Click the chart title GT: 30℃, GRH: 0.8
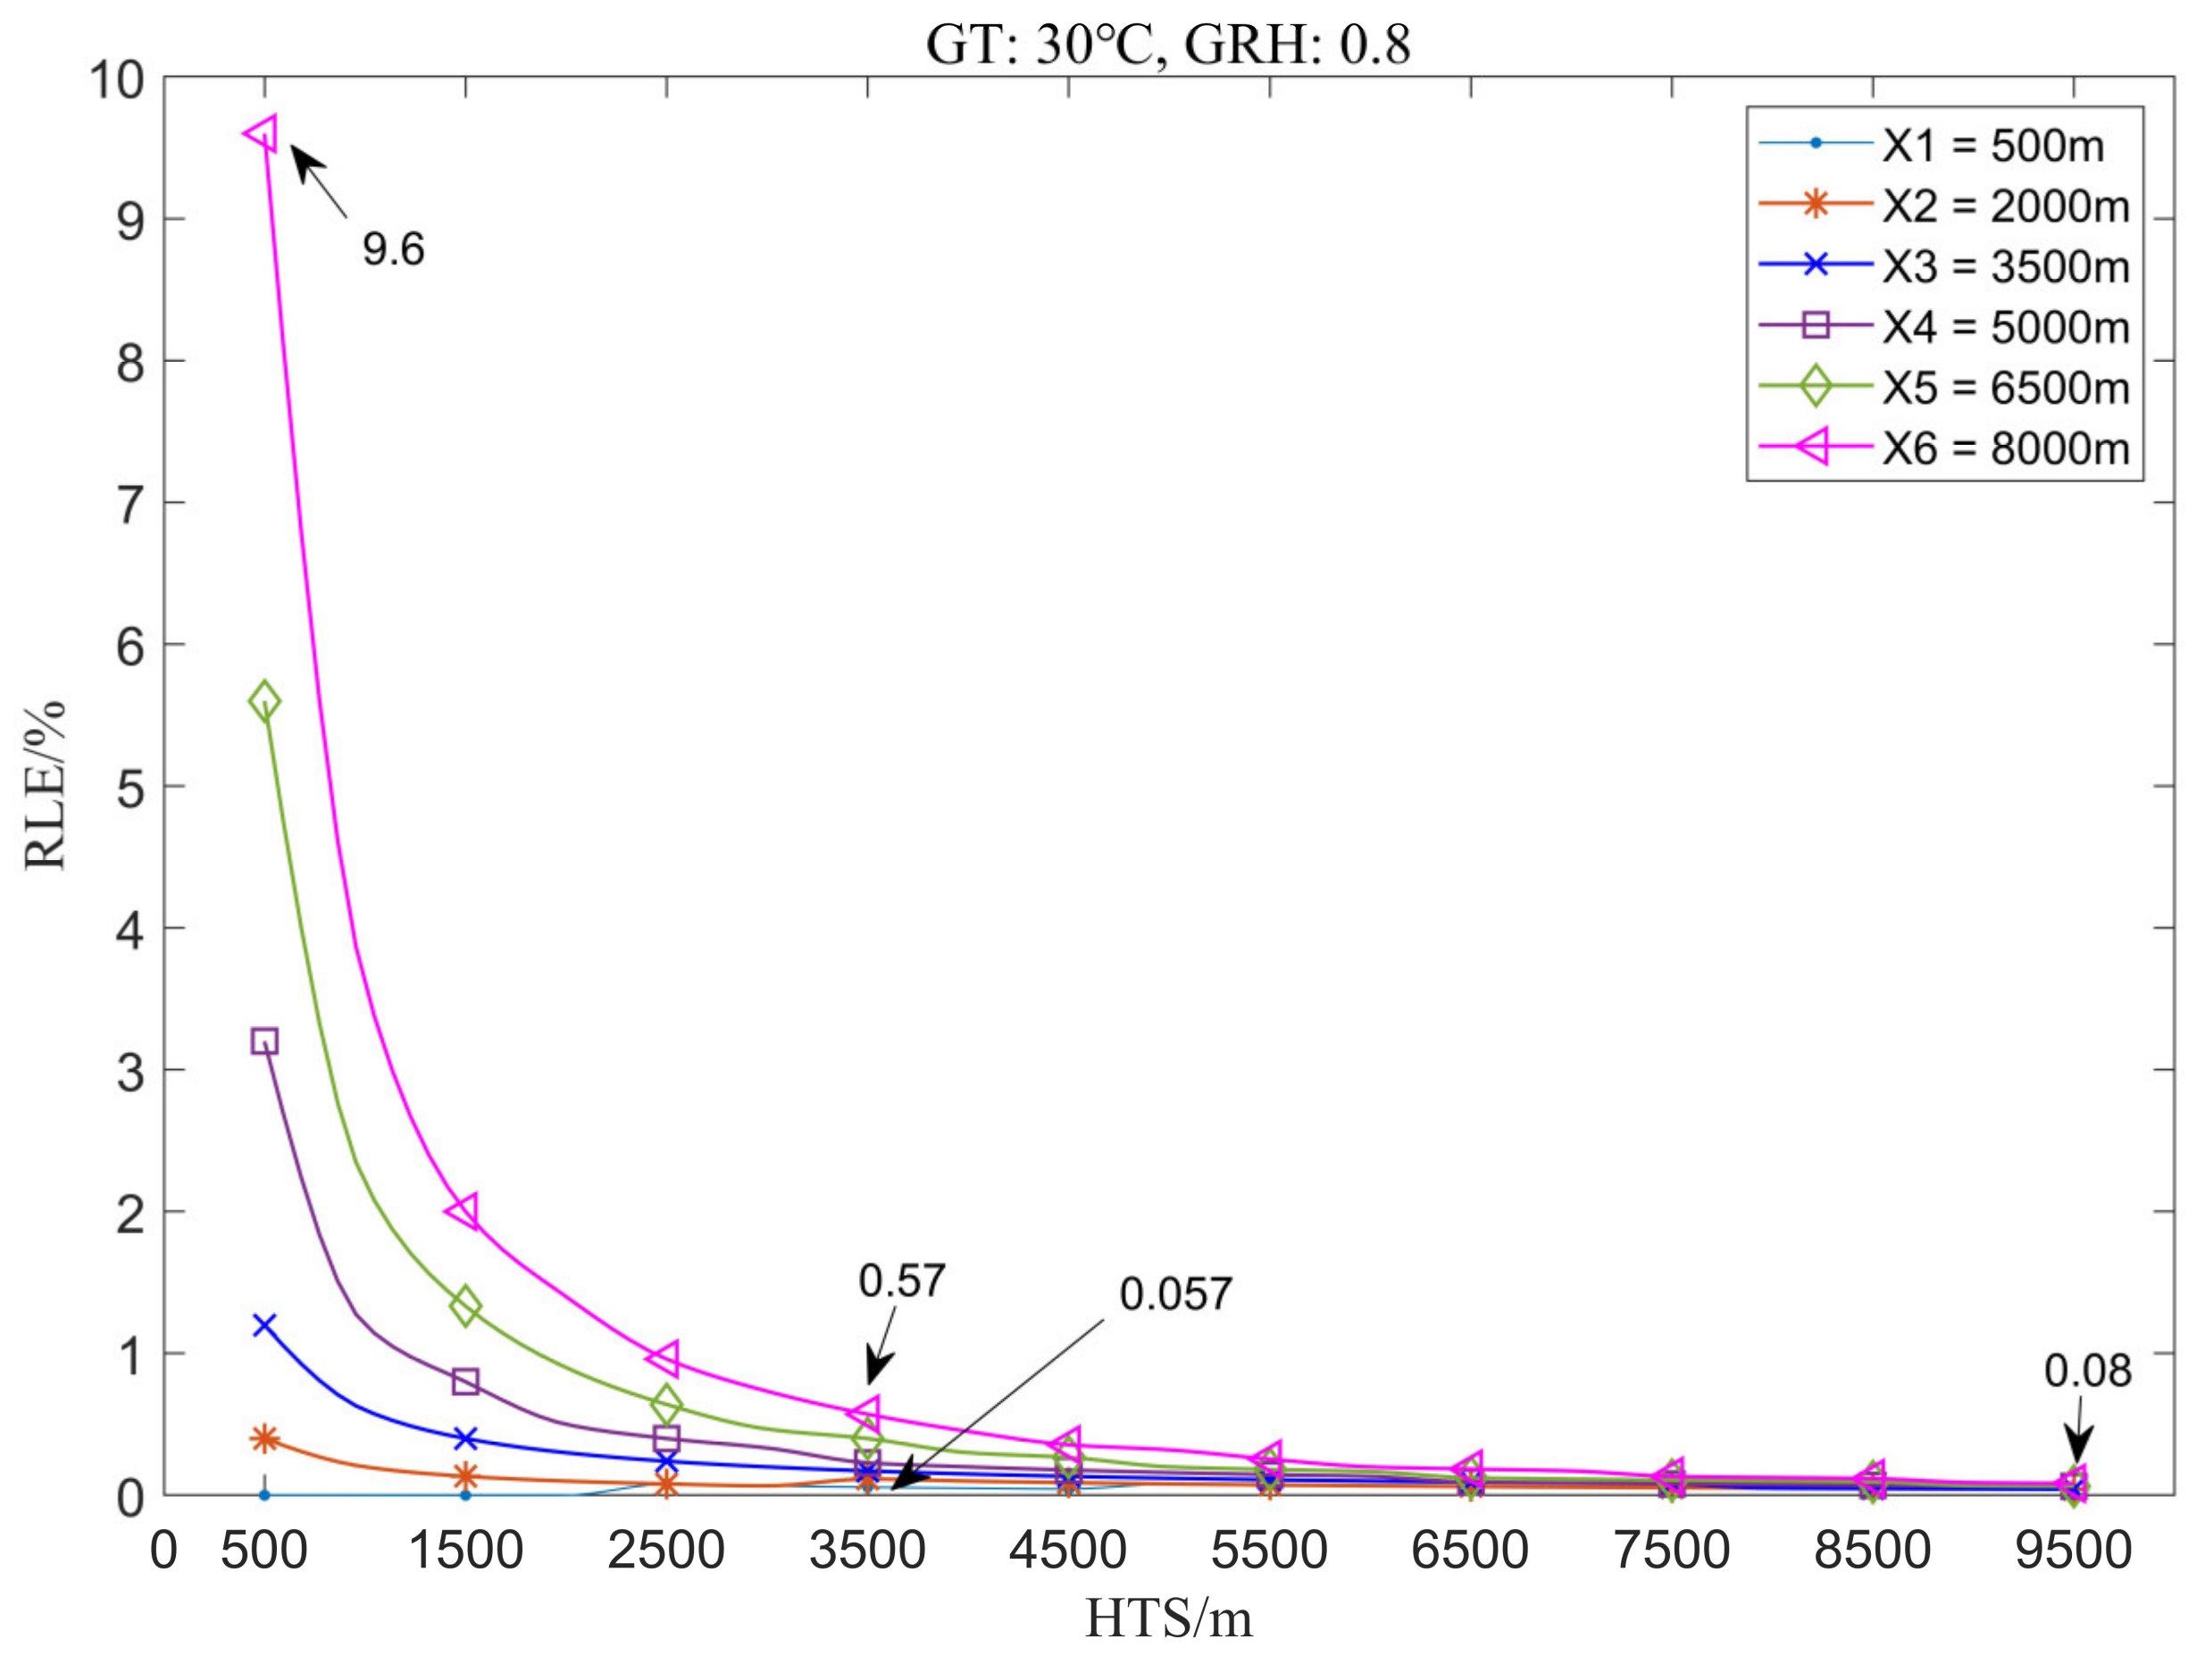coord(1167,45)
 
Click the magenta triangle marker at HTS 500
coord(263,132)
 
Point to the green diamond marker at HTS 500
coord(264,701)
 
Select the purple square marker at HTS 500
coord(264,1041)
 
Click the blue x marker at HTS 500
coord(264,1325)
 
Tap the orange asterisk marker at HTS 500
coord(264,1439)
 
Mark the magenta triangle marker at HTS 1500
coord(464,1211)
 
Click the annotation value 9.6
coord(393,248)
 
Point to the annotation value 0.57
coord(900,1281)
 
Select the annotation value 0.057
coord(1175,1294)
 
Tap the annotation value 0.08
coord(2086,1372)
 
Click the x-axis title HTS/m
coord(1167,1619)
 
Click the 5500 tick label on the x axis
coord(1268,1551)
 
